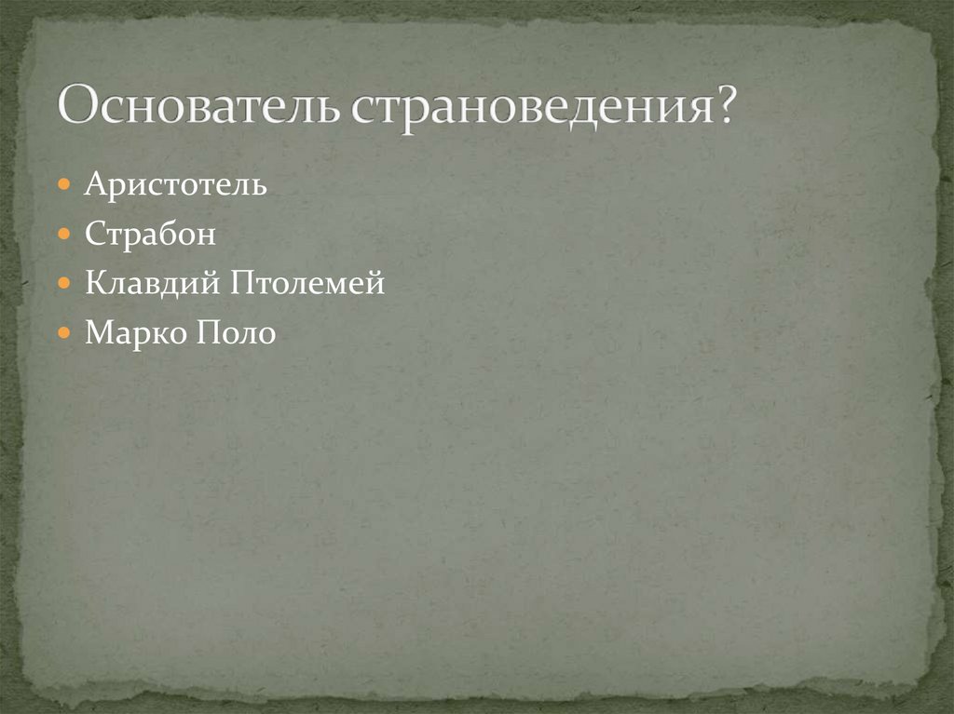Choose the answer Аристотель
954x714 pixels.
pos(176,184)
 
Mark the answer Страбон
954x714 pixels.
pos(150,234)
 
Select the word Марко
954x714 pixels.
pos(132,332)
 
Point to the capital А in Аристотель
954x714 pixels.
pos(94,184)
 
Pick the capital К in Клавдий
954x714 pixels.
pos(95,283)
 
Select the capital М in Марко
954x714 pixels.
pos(97,332)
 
